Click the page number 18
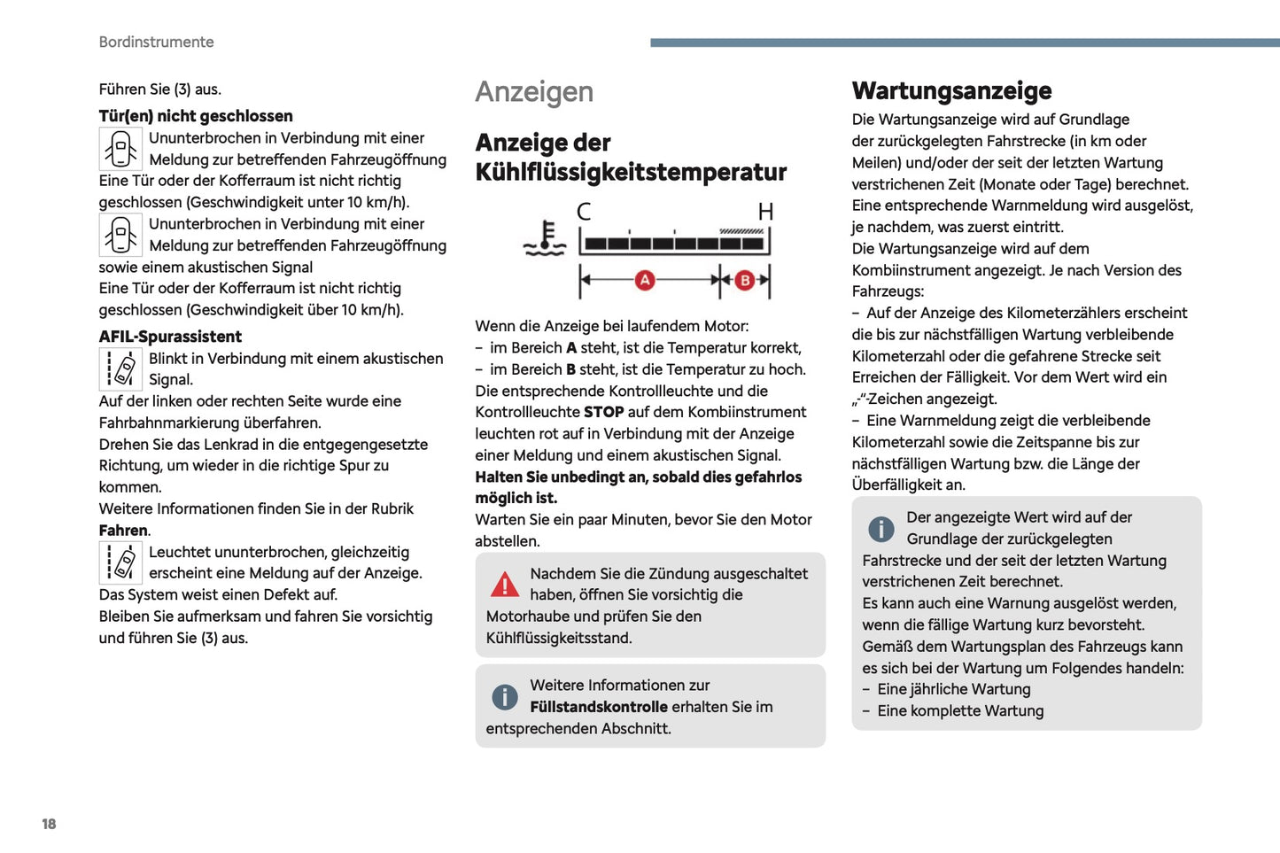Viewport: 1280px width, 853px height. point(49,824)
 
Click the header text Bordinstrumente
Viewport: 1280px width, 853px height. point(156,42)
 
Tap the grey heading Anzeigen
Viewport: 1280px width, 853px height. point(534,91)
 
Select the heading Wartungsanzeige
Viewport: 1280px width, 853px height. point(951,90)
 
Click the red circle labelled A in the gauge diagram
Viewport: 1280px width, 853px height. point(645,280)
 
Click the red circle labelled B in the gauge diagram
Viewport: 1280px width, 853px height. point(745,280)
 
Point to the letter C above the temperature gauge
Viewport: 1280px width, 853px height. point(584,211)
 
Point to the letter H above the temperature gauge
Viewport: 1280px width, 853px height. point(765,211)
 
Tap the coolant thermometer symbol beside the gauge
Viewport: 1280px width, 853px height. point(544,238)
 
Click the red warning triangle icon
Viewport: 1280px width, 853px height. point(505,585)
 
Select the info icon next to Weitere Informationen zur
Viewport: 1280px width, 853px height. point(505,696)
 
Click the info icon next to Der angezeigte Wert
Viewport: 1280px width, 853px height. point(880,529)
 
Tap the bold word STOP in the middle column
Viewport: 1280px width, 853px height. point(603,412)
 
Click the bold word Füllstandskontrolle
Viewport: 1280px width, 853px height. point(599,707)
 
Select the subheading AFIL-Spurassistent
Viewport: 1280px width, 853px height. point(170,337)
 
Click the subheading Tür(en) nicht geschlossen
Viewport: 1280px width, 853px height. point(196,116)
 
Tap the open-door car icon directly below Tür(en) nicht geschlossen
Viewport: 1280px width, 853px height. point(120,149)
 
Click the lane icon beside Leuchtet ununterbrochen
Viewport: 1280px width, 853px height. point(120,562)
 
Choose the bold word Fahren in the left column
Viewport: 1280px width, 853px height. point(123,531)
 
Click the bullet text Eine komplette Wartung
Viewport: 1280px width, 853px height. point(960,710)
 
